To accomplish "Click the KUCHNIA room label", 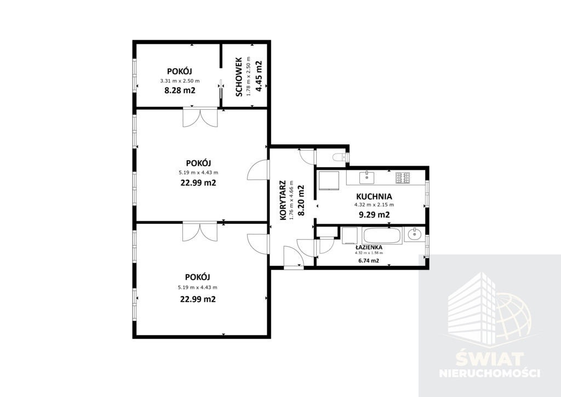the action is tap(374, 196).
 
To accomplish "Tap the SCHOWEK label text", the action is tap(239, 77).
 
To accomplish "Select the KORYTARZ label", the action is tap(283, 200).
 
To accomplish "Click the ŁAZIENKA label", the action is tap(369, 247).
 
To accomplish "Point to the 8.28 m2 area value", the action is tap(180, 90).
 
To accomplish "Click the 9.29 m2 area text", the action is tap(374, 215).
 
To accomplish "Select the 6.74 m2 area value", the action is tap(369, 260).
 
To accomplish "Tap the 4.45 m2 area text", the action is tap(259, 76).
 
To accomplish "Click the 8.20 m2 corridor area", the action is tap(301, 200).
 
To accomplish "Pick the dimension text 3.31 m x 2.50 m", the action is tap(180, 81).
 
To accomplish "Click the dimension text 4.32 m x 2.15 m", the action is tap(374, 205).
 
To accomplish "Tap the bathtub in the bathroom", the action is tap(382, 235).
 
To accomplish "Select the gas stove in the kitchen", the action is tap(403, 178).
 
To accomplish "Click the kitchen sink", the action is tap(367, 177).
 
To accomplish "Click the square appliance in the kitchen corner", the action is tap(329, 179).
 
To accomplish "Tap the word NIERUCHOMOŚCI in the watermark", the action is tap(489, 373).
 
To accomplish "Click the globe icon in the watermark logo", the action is tap(510, 315).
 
